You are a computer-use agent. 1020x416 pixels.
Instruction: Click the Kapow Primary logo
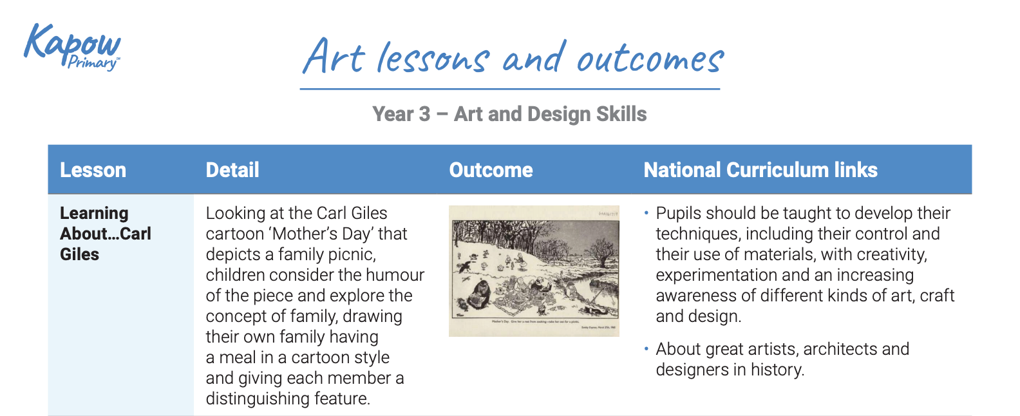[x=72, y=46]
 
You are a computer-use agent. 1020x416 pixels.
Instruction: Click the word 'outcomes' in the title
[x=650, y=59]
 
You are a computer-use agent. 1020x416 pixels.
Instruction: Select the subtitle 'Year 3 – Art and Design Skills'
[x=509, y=114]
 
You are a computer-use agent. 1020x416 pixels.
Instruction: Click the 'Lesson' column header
[x=93, y=170]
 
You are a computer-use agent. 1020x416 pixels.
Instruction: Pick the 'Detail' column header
[x=232, y=170]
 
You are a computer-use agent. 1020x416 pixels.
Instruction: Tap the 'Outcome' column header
[x=491, y=170]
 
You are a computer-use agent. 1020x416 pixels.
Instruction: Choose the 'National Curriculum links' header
[x=760, y=170]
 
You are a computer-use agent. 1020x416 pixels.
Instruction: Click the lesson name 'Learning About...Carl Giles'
[x=105, y=233]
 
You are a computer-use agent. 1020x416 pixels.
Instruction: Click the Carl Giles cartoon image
[x=534, y=270]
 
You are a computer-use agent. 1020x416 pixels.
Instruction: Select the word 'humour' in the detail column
[x=395, y=275]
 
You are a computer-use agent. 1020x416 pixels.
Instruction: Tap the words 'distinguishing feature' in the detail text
[x=287, y=399]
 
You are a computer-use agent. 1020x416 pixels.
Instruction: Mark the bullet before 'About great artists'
[x=646, y=349]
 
